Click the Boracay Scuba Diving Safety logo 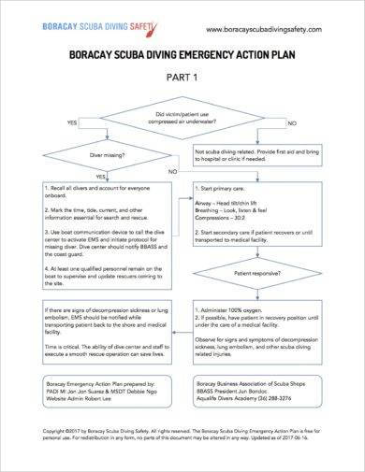coord(76,27)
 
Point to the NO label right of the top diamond coord(293,123)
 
